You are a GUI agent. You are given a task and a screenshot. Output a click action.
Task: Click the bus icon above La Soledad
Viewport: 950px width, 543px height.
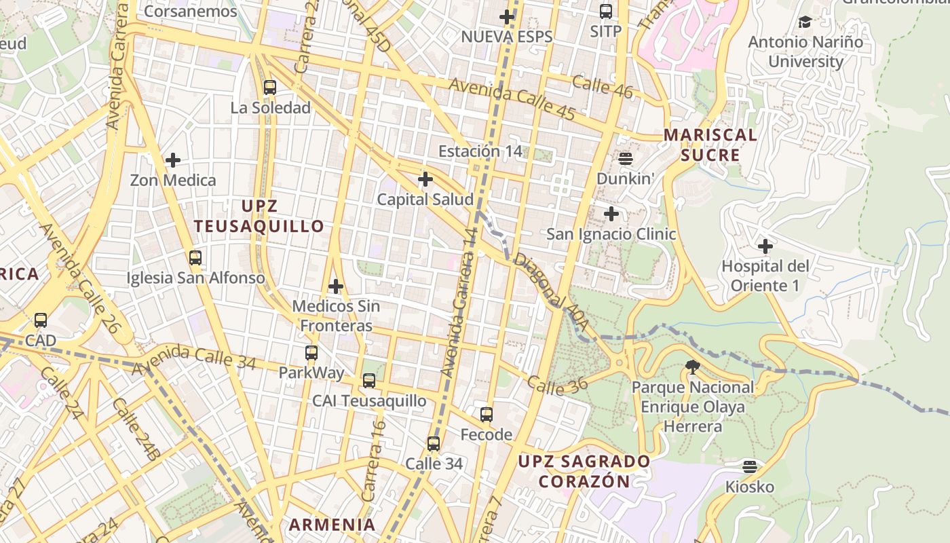(270, 87)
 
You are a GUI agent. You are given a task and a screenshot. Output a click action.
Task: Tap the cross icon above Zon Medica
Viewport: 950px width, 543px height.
(173, 160)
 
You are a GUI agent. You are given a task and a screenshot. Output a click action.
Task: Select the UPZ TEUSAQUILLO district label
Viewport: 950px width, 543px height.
(259, 216)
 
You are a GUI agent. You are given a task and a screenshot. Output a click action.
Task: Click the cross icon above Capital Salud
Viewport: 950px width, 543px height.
(425, 179)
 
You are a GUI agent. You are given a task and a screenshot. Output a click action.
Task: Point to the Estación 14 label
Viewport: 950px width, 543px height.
(480, 151)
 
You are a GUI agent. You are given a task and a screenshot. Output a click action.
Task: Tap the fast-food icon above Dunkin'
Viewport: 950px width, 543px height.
(626, 159)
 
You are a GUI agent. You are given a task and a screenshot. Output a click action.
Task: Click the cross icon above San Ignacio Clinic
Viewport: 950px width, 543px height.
(611, 214)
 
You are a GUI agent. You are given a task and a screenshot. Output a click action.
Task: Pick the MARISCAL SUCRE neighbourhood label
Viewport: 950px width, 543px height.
(710, 145)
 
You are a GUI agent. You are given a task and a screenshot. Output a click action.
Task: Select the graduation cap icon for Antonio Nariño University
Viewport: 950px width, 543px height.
(805, 22)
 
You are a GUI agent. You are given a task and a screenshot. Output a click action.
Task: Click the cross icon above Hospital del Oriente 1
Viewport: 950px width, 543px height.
(765, 246)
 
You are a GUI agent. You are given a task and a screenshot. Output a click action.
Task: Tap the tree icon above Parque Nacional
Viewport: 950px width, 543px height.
(693, 368)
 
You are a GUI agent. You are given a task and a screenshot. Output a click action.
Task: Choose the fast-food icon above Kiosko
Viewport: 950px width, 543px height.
(750, 466)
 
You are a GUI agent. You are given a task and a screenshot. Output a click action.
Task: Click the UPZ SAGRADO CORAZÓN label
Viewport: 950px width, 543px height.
(584, 471)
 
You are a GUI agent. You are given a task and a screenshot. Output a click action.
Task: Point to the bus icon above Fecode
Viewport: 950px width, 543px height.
(487, 414)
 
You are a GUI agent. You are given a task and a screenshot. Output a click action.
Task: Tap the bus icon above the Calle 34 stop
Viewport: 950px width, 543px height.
(434, 444)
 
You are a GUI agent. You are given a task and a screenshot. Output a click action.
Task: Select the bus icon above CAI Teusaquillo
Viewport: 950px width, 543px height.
(369, 380)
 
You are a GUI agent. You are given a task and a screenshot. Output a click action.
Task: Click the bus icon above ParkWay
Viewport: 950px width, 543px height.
(311, 352)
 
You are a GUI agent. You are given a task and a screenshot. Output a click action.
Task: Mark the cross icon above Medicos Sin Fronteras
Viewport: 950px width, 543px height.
(335, 286)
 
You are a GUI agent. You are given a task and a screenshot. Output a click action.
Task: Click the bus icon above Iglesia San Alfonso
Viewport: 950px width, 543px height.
(195, 257)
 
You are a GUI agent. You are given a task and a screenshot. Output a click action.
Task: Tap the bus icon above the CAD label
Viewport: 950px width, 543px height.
(41, 320)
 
